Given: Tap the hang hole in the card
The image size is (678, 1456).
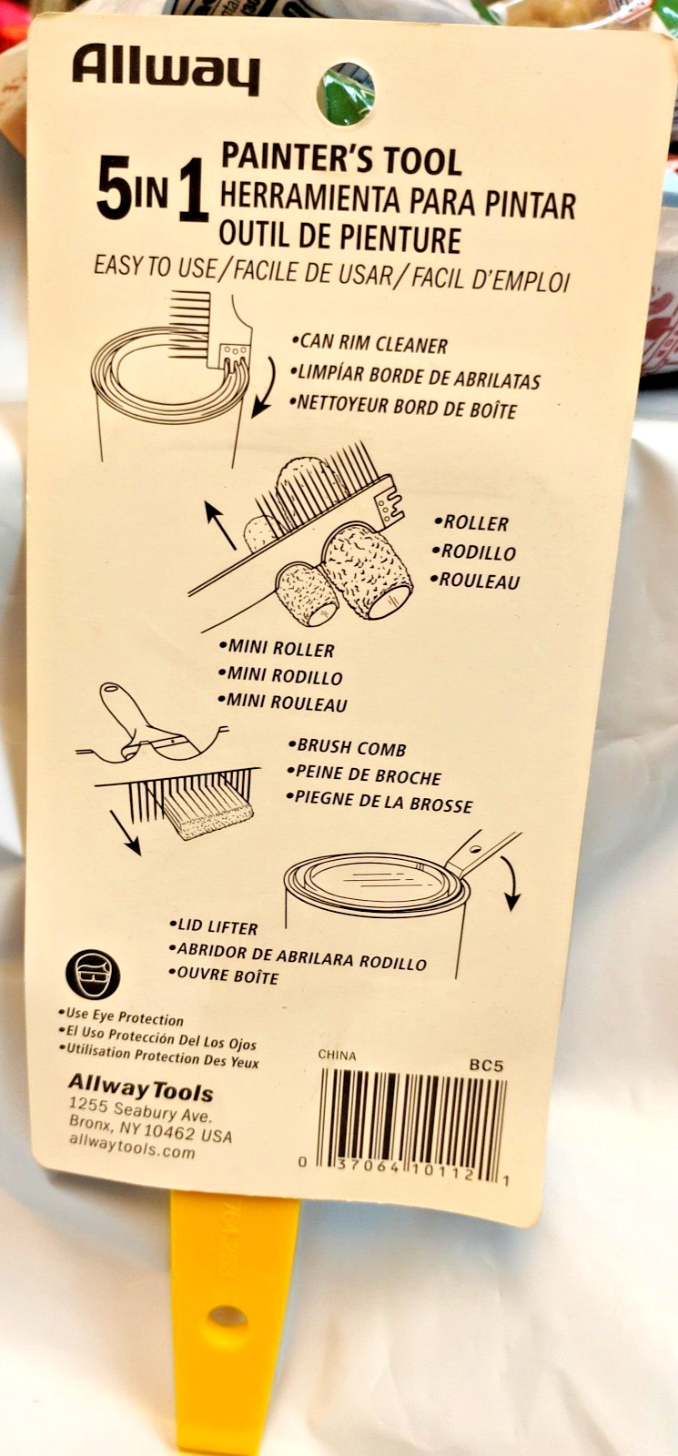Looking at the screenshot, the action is [x=345, y=94].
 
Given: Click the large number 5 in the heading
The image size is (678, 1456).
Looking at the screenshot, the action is [x=114, y=191].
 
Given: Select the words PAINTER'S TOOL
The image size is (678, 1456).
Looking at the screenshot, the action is [x=341, y=159].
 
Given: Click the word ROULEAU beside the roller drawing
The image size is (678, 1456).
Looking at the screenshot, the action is [x=475, y=580].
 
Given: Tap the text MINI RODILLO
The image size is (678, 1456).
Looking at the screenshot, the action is [x=280, y=676].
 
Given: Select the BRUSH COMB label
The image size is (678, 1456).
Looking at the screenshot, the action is [x=347, y=747].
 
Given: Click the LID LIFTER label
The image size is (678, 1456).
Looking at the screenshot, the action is [x=214, y=926].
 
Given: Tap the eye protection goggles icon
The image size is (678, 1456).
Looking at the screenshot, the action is [x=93, y=973].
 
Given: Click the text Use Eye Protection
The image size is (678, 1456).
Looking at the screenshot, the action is [x=121, y=1016].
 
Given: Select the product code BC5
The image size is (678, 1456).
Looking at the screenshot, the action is [x=486, y=1066].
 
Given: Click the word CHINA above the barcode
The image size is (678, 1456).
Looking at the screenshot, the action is [x=337, y=1055].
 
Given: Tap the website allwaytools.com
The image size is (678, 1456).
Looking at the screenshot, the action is [x=132, y=1149].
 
